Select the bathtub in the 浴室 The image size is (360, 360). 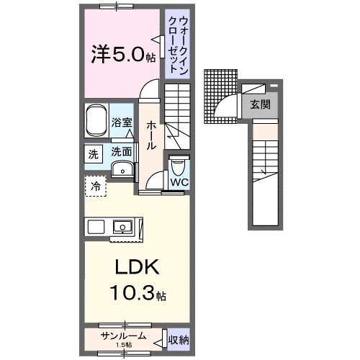96,122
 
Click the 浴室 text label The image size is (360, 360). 122,122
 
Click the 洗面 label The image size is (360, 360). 121,152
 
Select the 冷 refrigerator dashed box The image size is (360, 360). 95,186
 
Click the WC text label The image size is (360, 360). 179,182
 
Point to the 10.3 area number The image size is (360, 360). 131,294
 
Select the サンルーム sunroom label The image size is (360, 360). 124,336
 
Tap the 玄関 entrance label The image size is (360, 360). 260,104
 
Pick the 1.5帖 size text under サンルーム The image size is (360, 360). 124,344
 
